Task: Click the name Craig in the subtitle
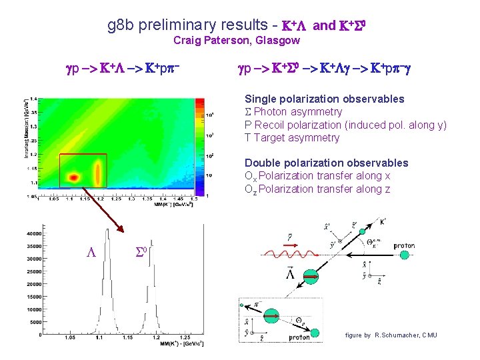(188, 41)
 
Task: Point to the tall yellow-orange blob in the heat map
(98, 173)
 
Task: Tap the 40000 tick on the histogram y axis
(33, 233)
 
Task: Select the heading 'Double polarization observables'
(326, 163)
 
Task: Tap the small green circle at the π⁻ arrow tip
(240, 305)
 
